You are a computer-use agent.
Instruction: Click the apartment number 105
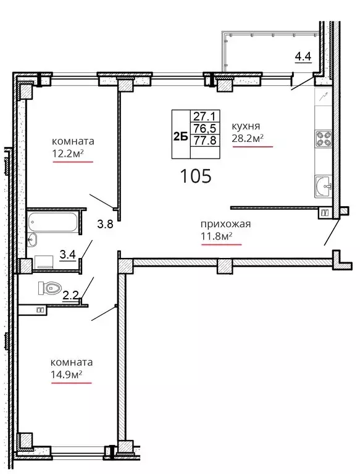coord(196,177)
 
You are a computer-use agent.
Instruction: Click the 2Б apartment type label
coord(180,138)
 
